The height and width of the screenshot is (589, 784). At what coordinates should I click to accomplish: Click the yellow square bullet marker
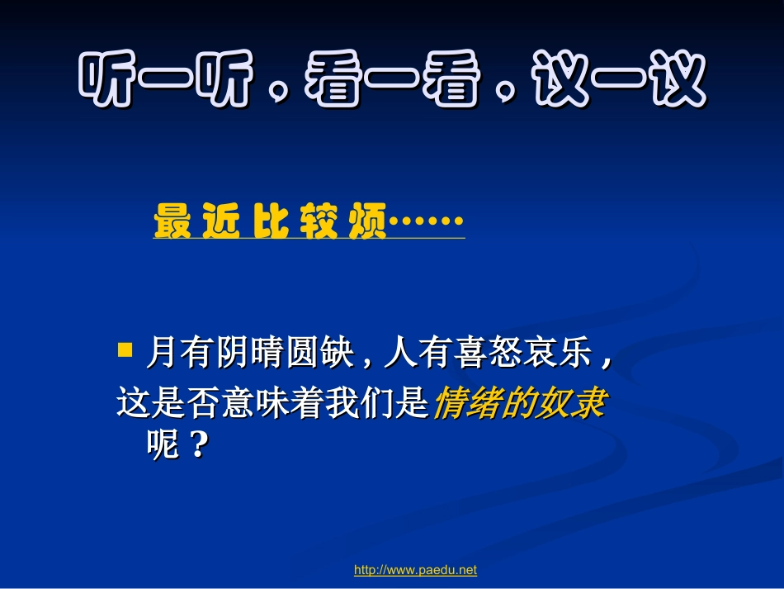[125, 350]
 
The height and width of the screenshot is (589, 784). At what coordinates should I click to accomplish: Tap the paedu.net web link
[415, 570]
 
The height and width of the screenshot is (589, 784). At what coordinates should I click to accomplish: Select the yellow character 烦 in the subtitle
[366, 222]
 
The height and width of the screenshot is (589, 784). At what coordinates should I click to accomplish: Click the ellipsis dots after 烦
[426, 221]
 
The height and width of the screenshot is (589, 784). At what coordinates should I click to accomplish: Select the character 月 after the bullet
[161, 354]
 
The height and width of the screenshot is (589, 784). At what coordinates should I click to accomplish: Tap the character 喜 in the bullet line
[474, 354]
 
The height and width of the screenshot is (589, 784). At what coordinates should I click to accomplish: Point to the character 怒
[508, 354]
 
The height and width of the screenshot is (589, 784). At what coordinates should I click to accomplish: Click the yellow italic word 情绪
[466, 403]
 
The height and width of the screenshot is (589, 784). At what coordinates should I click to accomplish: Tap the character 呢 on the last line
[161, 446]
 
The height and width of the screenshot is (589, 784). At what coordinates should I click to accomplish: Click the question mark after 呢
[196, 446]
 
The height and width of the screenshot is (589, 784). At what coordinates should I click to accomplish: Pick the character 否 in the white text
[201, 403]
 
